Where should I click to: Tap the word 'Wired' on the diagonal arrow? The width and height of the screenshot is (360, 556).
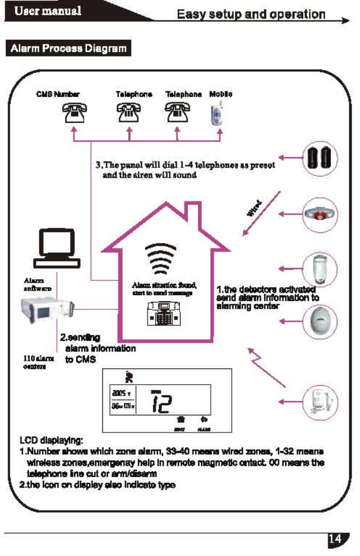(x=255, y=208)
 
